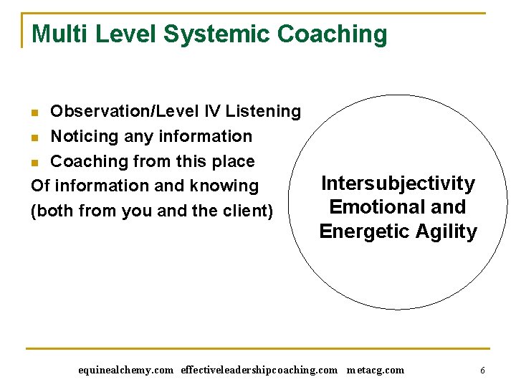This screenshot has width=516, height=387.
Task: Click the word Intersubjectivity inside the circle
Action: coord(398,183)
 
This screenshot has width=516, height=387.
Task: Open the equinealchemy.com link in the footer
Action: coord(125,371)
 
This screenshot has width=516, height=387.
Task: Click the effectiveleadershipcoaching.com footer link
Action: coord(259,371)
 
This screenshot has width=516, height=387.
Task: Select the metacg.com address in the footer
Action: coord(375,371)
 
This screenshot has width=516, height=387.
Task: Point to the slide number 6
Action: coord(482,371)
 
